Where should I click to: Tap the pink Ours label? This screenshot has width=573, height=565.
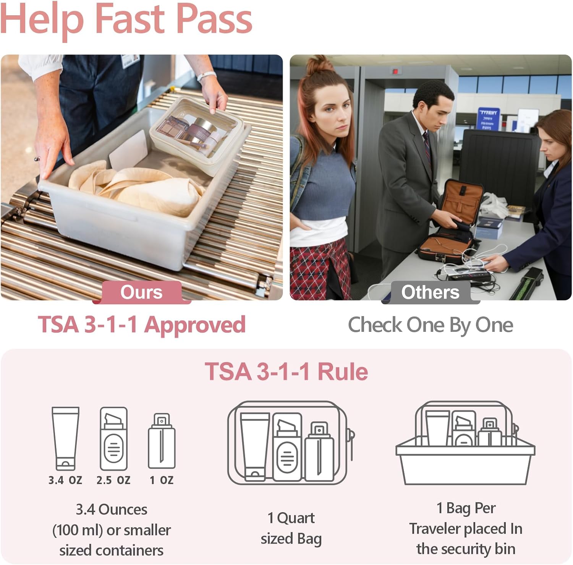pyautogui.click(x=141, y=292)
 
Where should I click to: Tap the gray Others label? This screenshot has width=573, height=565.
pyautogui.click(x=430, y=292)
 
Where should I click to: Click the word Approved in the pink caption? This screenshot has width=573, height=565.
pyautogui.click(x=195, y=325)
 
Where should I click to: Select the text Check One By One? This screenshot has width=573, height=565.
pyautogui.click(x=430, y=325)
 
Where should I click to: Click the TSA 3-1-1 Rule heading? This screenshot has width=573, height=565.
pyautogui.click(x=286, y=372)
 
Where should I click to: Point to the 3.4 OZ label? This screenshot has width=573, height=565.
pyautogui.click(x=65, y=480)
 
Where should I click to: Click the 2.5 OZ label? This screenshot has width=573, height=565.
pyautogui.click(x=113, y=480)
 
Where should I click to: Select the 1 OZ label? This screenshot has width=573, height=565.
pyautogui.click(x=162, y=480)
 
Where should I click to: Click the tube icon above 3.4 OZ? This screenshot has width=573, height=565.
pyautogui.click(x=65, y=438)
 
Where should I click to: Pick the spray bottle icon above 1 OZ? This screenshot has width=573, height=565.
pyautogui.click(x=162, y=440)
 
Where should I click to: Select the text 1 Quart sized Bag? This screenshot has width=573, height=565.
pyautogui.click(x=291, y=528)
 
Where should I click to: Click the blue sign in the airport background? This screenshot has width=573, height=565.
pyautogui.click(x=489, y=119)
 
